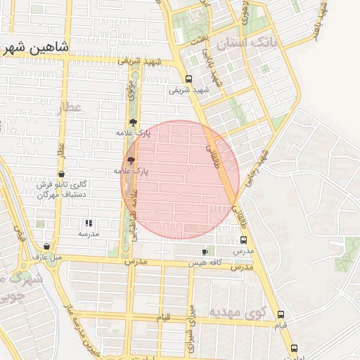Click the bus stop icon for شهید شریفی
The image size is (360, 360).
[188, 79]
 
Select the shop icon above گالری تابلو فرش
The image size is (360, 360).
[61, 174]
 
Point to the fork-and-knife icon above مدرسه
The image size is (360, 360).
[89, 223]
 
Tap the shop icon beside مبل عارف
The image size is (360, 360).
[46, 247]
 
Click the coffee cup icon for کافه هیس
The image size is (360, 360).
[205, 251]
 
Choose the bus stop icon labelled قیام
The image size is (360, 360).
[281, 314]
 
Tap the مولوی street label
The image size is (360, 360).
[130, 89]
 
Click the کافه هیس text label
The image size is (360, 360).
[205, 262]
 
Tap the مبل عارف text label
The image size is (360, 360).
[49, 257]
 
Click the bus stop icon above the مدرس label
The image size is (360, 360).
[243, 240]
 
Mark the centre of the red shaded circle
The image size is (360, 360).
[181, 179]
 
